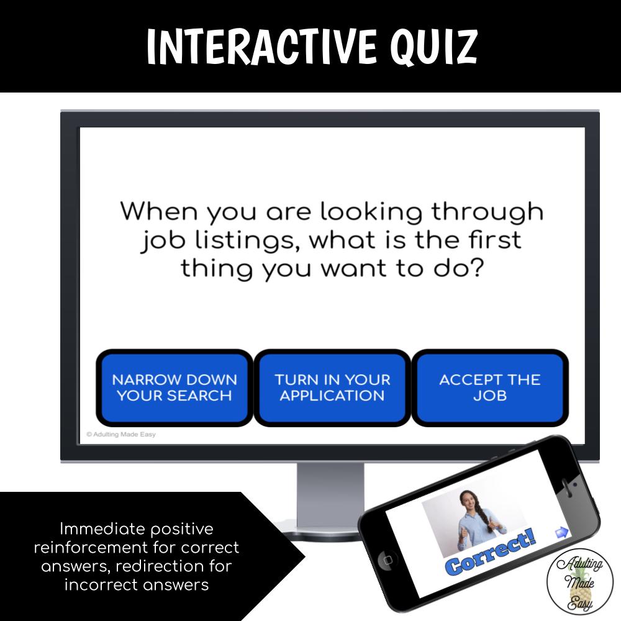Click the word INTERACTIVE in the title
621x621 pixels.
(261, 47)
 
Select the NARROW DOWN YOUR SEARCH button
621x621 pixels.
(175, 388)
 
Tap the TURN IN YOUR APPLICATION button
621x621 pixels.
(332, 388)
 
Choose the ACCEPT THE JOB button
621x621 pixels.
(490, 388)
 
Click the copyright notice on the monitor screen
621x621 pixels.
(121, 435)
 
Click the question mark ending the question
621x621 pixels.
(476, 268)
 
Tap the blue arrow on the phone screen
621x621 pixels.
(562, 532)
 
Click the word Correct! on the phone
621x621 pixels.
(491, 551)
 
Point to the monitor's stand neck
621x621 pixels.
(330, 491)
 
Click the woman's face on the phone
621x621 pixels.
(468, 500)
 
